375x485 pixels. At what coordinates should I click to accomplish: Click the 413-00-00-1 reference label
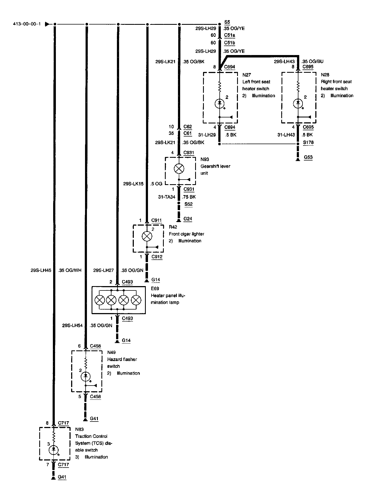tap(27, 24)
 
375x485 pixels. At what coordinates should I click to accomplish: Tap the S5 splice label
tap(227, 22)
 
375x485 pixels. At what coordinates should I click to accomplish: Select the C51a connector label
tap(229, 35)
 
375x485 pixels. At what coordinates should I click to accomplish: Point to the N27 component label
tap(247, 75)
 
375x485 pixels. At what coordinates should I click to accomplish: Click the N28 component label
tap(325, 75)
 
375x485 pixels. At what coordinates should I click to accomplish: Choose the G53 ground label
tap(308, 157)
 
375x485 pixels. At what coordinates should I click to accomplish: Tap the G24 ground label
tap(188, 219)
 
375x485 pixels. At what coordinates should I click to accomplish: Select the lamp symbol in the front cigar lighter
tap(147, 236)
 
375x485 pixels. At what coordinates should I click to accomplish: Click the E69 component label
tap(155, 289)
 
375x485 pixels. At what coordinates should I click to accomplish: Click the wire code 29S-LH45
tap(41, 271)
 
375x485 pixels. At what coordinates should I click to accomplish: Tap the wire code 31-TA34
tap(167, 197)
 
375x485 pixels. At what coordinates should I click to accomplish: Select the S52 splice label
tap(188, 204)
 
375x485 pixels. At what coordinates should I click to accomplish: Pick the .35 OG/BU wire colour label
tap(313, 61)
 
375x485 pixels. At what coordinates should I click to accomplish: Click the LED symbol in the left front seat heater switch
tap(219, 103)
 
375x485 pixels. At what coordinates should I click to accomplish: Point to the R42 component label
tap(173, 227)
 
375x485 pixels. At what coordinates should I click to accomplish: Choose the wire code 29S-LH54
tap(72, 325)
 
